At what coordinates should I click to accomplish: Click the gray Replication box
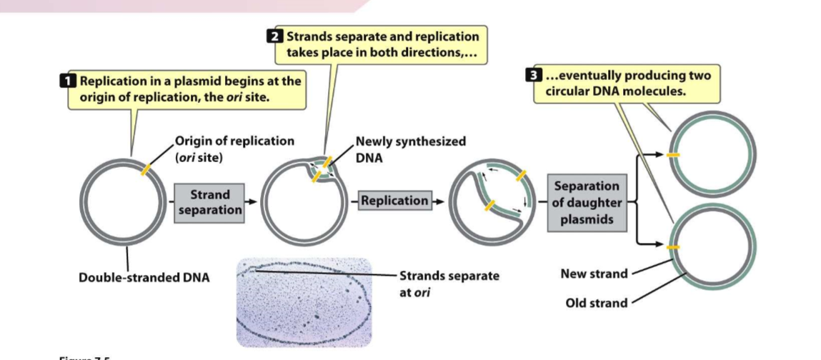tap(394, 201)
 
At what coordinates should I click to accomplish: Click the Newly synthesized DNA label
tap(410, 149)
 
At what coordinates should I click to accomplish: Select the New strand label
tap(594, 274)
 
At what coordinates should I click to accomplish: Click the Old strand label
tap(596, 302)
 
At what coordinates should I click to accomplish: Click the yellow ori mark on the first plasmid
tap(146, 169)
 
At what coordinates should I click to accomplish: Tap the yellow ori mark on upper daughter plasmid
tap(672, 154)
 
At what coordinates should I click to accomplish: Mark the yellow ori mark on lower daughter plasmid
tap(672, 247)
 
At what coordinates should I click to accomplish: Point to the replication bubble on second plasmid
tap(319, 169)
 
